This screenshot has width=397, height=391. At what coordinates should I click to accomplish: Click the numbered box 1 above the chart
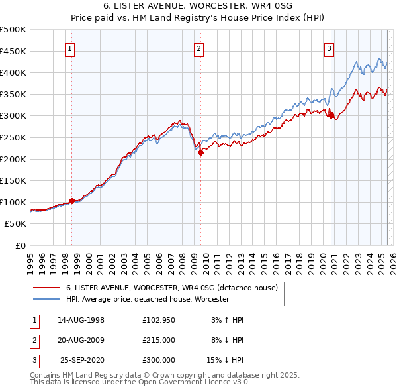coord(70,48)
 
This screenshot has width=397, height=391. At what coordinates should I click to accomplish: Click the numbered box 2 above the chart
coord(199,48)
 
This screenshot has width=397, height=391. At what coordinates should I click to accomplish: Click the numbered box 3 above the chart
coord(329,48)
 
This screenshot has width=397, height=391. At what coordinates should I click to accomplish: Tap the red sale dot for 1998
coord(72,201)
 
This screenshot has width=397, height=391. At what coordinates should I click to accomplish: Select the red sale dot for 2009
coord(200,152)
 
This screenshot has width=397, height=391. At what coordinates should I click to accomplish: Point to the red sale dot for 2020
coord(330,115)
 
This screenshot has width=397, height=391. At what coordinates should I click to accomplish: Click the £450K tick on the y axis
coord(13,51)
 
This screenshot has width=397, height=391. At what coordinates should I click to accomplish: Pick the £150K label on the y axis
coord(13,180)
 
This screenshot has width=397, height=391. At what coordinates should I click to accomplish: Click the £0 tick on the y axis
coord(20,245)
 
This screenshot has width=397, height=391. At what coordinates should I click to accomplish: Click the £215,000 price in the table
coord(159,339)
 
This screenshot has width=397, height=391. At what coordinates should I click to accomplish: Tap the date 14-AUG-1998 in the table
coord(81,319)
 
